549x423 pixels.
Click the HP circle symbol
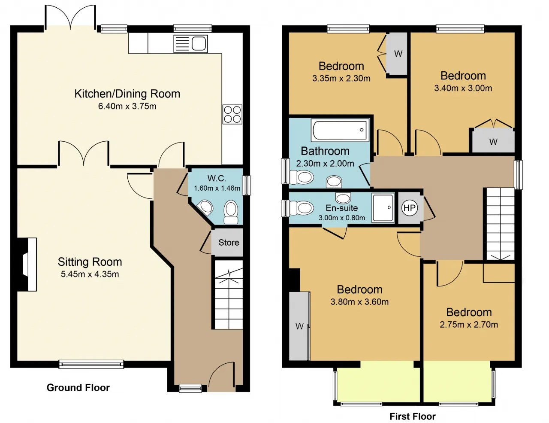point(409,208)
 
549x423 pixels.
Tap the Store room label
point(229,243)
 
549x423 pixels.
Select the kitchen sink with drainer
point(190,44)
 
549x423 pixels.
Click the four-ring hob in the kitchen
point(232,114)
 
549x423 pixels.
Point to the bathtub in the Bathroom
point(340,130)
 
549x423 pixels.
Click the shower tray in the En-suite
point(383,208)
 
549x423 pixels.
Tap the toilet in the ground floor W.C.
point(231,212)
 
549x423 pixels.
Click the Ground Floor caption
point(78,388)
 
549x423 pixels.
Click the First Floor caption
point(413,416)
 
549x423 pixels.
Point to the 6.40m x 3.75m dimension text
point(127,106)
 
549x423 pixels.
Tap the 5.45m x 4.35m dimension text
point(90,274)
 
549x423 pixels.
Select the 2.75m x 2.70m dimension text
point(469,324)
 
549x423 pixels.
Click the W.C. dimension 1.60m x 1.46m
point(217,188)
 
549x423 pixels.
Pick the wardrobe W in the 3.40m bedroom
point(493,142)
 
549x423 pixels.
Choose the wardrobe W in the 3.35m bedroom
point(398,54)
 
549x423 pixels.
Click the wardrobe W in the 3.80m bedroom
point(299,326)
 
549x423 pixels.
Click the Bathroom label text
point(325,151)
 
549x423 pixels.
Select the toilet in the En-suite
point(302,208)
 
